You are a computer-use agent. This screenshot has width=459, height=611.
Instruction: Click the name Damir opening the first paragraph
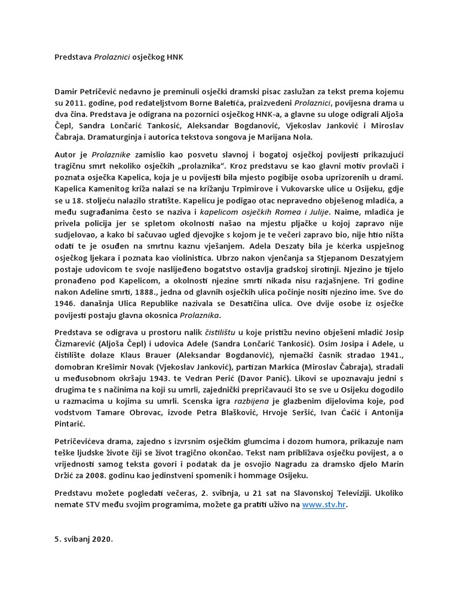coord(67,92)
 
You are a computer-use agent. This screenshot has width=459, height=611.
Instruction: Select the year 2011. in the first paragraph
coord(76,106)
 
